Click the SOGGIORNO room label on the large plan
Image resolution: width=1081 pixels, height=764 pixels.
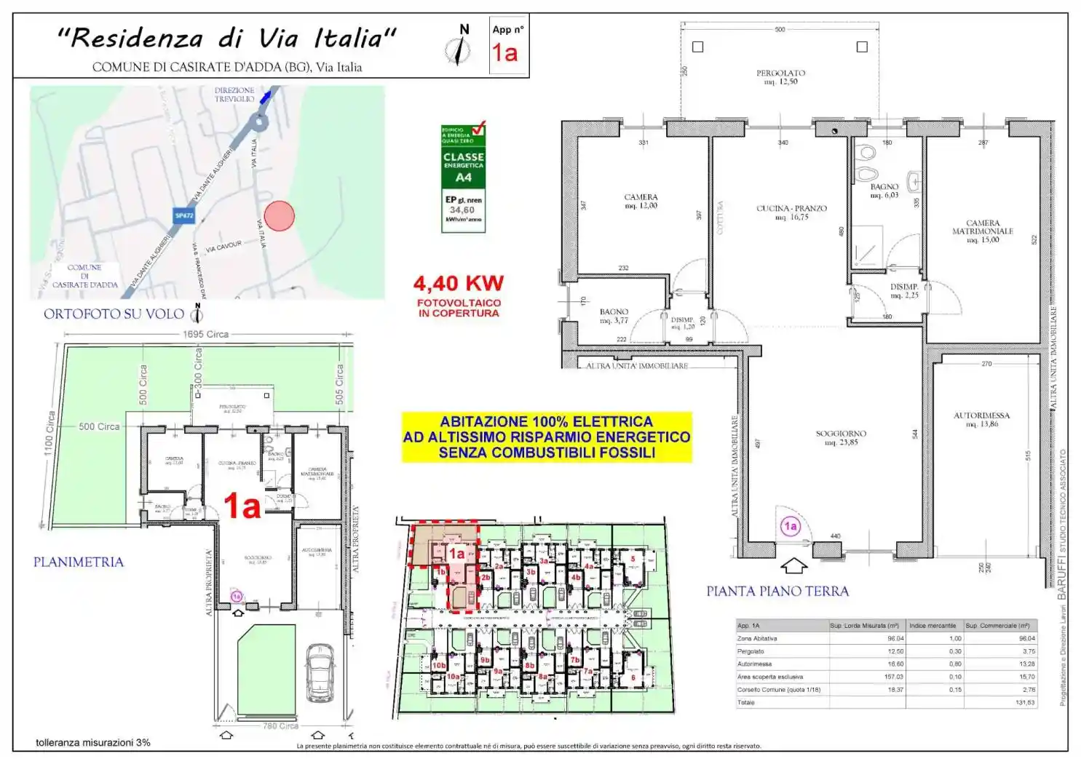pyautogui.click(x=841, y=437)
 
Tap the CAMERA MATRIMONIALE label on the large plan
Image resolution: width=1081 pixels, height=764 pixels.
pyautogui.click(x=982, y=231)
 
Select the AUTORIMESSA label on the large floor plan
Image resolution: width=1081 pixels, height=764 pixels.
pyautogui.click(x=981, y=419)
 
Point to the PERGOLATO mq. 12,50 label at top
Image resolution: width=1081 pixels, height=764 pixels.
pyautogui.click(x=780, y=77)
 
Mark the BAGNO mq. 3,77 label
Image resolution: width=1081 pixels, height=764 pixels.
pyautogui.click(x=614, y=316)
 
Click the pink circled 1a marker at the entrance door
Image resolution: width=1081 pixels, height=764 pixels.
pyautogui.click(x=790, y=526)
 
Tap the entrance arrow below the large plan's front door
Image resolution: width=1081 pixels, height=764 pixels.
pyautogui.click(x=793, y=565)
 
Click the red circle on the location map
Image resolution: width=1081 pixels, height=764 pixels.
pyautogui.click(x=279, y=215)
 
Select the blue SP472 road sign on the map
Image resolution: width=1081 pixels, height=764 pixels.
pyautogui.click(x=184, y=215)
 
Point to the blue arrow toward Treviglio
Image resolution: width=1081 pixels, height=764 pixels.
pyautogui.click(x=268, y=95)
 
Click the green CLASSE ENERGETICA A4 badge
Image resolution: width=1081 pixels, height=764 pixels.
pyautogui.click(x=463, y=167)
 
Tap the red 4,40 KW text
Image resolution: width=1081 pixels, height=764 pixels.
pyautogui.click(x=458, y=283)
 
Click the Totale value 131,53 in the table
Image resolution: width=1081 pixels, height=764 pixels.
pyautogui.click(x=1025, y=702)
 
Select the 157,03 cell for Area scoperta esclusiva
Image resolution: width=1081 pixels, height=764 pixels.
pyautogui.click(x=894, y=677)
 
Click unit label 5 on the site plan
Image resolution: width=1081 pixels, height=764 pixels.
pyautogui.click(x=633, y=560)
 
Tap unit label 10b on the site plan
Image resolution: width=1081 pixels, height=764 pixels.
pyautogui.click(x=438, y=665)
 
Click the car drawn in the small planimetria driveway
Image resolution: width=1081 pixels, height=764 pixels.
pyautogui.click(x=320, y=669)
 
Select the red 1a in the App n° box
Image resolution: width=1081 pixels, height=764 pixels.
pyautogui.click(x=504, y=52)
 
